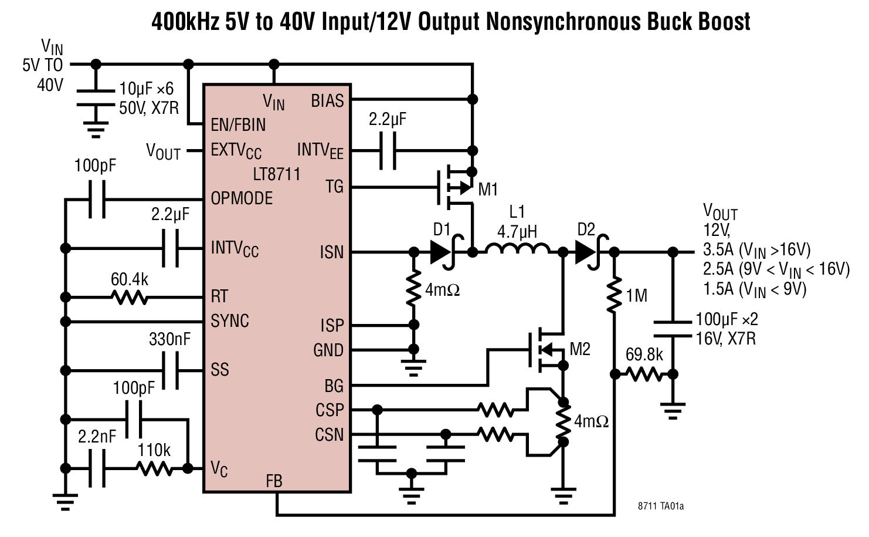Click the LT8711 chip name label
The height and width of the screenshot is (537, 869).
(x=276, y=174)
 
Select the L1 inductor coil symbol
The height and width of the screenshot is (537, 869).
(x=517, y=251)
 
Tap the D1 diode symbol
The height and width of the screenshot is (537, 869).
(x=444, y=252)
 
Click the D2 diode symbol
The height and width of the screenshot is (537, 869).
(x=589, y=252)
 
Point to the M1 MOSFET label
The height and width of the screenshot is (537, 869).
(x=488, y=189)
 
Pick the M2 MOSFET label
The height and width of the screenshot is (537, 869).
(x=579, y=349)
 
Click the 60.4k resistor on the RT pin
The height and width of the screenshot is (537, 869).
(x=130, y=298)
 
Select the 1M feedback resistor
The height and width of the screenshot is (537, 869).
(x=614, y=295)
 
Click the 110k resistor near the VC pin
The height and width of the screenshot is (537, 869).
(x=154, y=468)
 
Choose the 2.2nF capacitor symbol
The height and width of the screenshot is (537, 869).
(x=97, y=468)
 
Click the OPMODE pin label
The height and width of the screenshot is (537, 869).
(x=242, y=198)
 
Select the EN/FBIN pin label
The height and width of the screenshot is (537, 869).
(x=238, y=124)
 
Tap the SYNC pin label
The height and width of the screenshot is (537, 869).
(x=230, y=321)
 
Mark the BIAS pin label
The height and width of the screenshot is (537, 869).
(x=327, y=101)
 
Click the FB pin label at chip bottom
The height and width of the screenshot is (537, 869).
(x=274, y=481)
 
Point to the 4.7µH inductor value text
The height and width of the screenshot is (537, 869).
(x=517, y=231)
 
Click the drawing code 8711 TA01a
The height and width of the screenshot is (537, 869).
(x=661, y=506)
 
